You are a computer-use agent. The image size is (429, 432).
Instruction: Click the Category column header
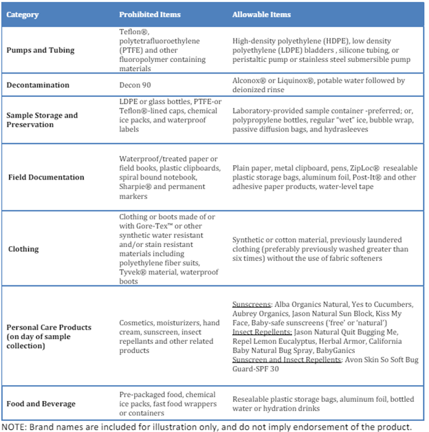24,14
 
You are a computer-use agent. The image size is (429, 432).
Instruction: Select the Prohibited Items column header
149,14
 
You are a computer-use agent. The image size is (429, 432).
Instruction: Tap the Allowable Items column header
261,14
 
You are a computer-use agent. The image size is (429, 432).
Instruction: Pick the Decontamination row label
38,85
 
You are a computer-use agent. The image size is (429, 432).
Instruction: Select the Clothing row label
23,248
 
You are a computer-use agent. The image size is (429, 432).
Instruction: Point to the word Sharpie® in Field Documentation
135,186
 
